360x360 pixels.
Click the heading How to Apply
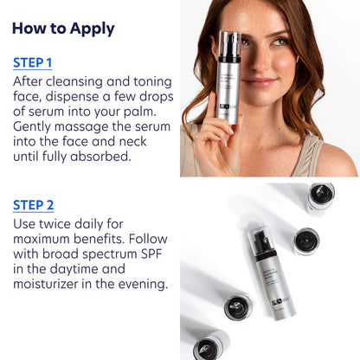click(63, 28)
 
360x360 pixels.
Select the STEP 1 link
click(32, 62)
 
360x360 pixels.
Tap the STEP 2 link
click(33, 205)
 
